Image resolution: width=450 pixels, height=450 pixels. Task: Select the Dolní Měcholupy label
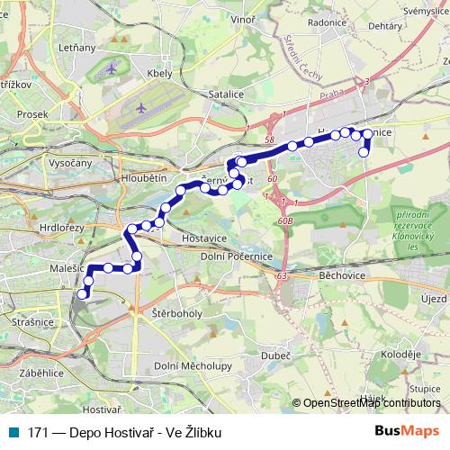[x=193, y=364]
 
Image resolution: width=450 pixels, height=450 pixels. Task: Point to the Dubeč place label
[x=276, y=355]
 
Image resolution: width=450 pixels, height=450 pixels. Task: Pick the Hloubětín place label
[x=142, y=179]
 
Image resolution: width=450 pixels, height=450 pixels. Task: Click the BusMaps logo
[x=405, y=431]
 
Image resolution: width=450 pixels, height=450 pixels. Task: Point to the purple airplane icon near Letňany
[x=111, y=67]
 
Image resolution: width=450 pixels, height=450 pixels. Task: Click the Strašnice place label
[x=32, y=320]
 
